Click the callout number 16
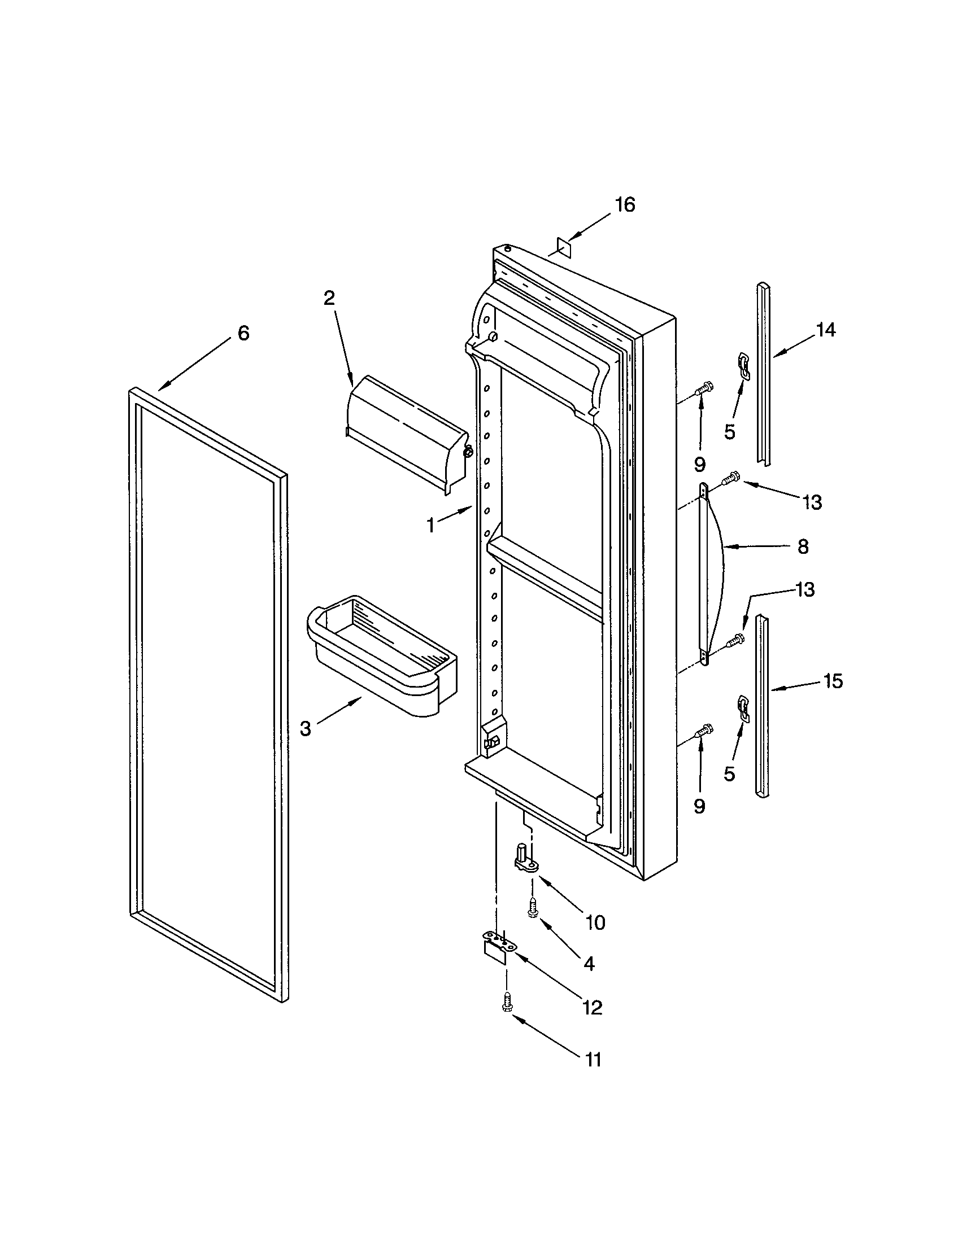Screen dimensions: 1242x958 pos(625,205)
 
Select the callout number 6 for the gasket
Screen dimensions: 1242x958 pos(243,333)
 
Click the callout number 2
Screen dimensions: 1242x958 pos(329,298)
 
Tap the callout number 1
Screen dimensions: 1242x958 pos(431,526)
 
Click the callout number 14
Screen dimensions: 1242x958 pos(825,329)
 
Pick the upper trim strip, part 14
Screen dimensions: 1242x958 pos(764,375)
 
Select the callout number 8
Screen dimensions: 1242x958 pos(803,547)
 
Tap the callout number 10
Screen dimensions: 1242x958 pos(595,922)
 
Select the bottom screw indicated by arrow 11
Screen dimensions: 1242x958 pos(506,1017)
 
